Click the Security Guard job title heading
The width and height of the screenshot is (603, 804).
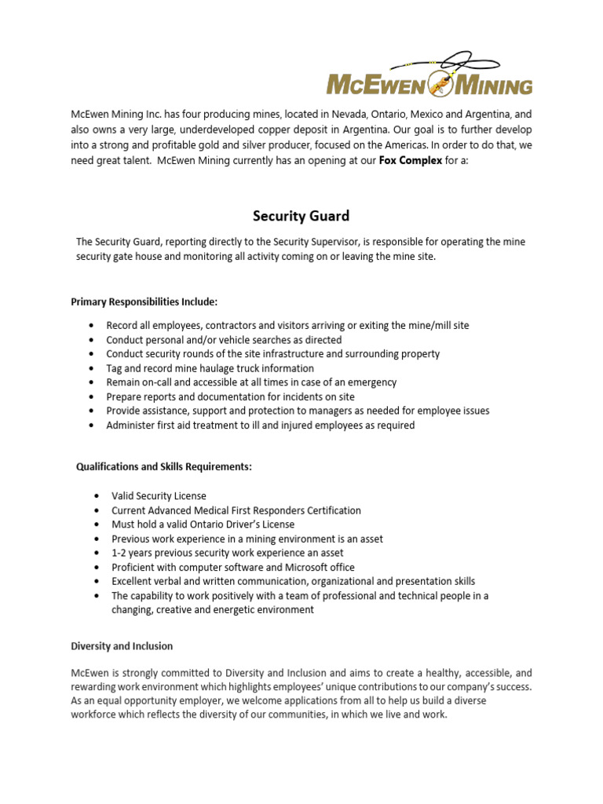tap(301, 215)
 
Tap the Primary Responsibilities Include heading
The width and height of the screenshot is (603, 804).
tap(144, 301)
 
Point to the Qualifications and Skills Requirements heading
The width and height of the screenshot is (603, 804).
tap(164, 466)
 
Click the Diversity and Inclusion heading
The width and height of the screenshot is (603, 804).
tap(122, 645)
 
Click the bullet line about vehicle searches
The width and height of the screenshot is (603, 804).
tap(224, 340)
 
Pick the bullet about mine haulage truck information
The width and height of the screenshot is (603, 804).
tap(210, 368)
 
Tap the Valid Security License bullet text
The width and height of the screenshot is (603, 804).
tap(159, 496)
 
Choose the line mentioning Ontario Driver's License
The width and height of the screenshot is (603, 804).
tap(203, 524)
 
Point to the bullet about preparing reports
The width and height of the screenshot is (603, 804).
tap(230, 397)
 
